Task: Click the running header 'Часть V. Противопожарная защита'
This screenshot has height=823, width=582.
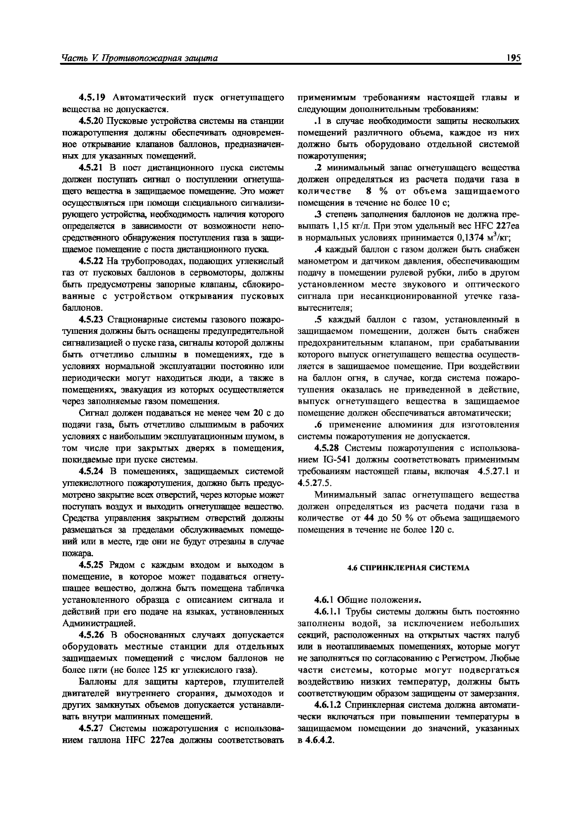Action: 140,58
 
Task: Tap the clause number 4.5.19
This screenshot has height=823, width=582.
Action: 92,98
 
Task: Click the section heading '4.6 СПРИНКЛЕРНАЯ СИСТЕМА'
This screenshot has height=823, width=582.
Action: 408,568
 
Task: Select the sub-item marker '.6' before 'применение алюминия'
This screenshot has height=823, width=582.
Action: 317,425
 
